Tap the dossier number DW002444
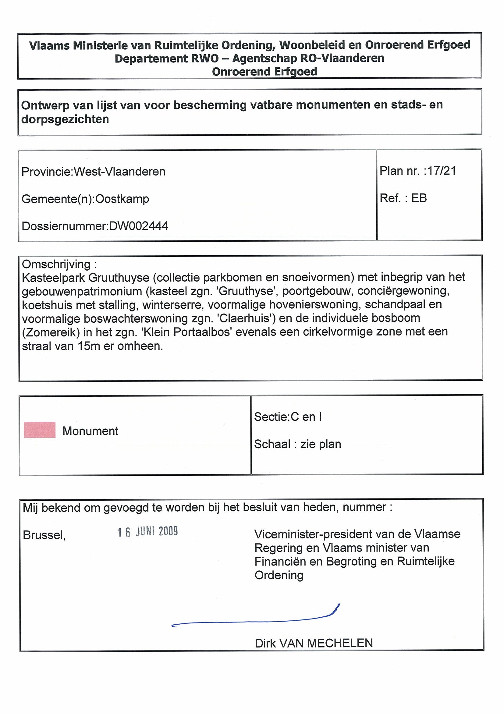[x=139, y=226]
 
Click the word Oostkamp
[x=122, y=199]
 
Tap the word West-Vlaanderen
[x=119, y=172]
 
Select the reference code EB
[x=419, y=198]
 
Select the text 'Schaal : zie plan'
[x=297, y=444]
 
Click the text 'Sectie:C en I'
[x=288, y=417]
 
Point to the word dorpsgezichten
[x=65, y=119]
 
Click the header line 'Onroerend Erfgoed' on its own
[x=264, y=72]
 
